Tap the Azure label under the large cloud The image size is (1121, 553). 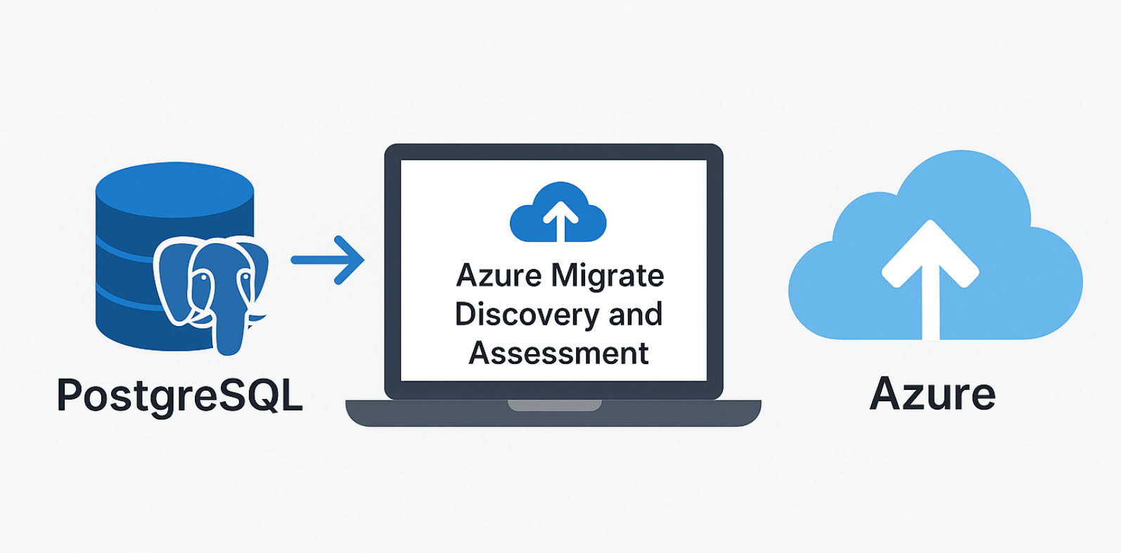pyautogui.click(x=933, y=394)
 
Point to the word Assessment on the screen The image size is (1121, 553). pyautogui.click(x=558, y=353)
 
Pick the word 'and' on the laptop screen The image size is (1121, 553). pyautogui.click(x=636, y=314)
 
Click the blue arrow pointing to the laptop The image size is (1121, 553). pyautogui.click(x=328, y=260)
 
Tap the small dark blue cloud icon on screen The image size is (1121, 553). pyautogui.click(x=558, y=212)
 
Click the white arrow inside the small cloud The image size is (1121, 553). pyautogui.click(x=560, y=221)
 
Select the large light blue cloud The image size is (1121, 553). pyautogui.click(x=935, y=245)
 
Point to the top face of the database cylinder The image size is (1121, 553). pyautogui.click(x=174, y=190)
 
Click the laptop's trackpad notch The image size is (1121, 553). pyautogui.click(x=554, y=405)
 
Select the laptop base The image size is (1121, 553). pyautogui.click(x=553, y=413)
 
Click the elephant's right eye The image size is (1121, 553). pyautogui.click(x=245, y=277)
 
